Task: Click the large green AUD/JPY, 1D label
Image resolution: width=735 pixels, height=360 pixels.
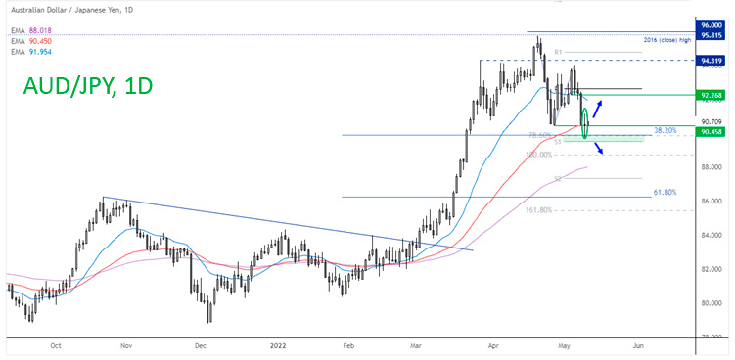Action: click(87, 87)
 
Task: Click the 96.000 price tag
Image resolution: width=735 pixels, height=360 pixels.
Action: click(711, 24)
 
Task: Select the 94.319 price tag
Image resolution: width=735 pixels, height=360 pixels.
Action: click(711, 61)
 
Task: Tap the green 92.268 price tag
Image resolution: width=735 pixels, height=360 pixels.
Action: click(711, 96)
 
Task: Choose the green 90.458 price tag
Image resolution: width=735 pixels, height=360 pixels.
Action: click(711, 130)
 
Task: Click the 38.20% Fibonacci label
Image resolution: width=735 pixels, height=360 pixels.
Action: click(665, 129)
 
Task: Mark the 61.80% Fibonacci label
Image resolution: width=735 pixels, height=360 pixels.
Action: click(665, 192)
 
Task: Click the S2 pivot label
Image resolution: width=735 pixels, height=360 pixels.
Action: click(558, 179)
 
